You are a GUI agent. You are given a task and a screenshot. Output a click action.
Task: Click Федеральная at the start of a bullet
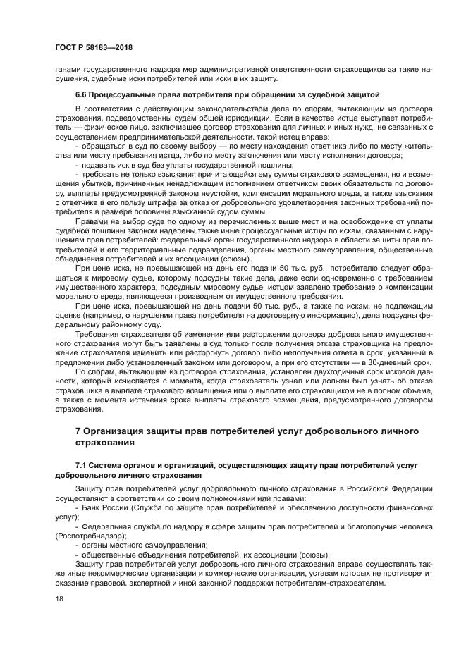tap(106, 526)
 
